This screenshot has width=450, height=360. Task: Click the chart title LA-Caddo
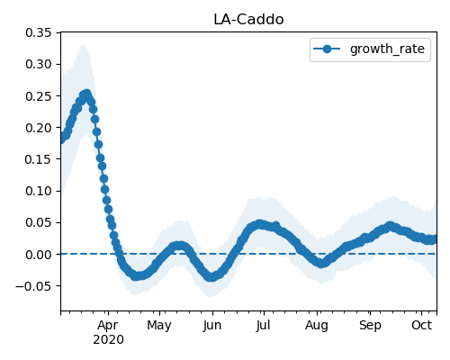248,20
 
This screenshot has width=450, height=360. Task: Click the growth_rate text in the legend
387,49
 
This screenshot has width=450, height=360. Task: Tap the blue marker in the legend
327,49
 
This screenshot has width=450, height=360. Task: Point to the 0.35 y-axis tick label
39,32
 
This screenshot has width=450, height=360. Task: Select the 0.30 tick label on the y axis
39,64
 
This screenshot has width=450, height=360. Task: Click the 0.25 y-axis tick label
39,96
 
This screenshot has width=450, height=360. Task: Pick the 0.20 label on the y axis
39,128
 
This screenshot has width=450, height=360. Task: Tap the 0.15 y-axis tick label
39,159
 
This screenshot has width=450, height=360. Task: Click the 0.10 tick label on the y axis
39,191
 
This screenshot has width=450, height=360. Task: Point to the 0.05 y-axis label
39,222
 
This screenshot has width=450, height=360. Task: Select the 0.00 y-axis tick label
39,255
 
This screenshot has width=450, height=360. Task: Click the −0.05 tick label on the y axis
34,286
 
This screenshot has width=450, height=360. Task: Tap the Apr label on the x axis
108,326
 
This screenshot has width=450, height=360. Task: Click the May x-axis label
159,326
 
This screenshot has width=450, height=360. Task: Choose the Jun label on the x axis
212,326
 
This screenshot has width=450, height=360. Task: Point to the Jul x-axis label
264,325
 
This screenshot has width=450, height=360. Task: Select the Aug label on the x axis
317,326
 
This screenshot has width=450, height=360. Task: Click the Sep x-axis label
370,326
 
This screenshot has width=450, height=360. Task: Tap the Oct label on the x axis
422,325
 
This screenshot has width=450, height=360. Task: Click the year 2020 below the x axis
108,340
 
